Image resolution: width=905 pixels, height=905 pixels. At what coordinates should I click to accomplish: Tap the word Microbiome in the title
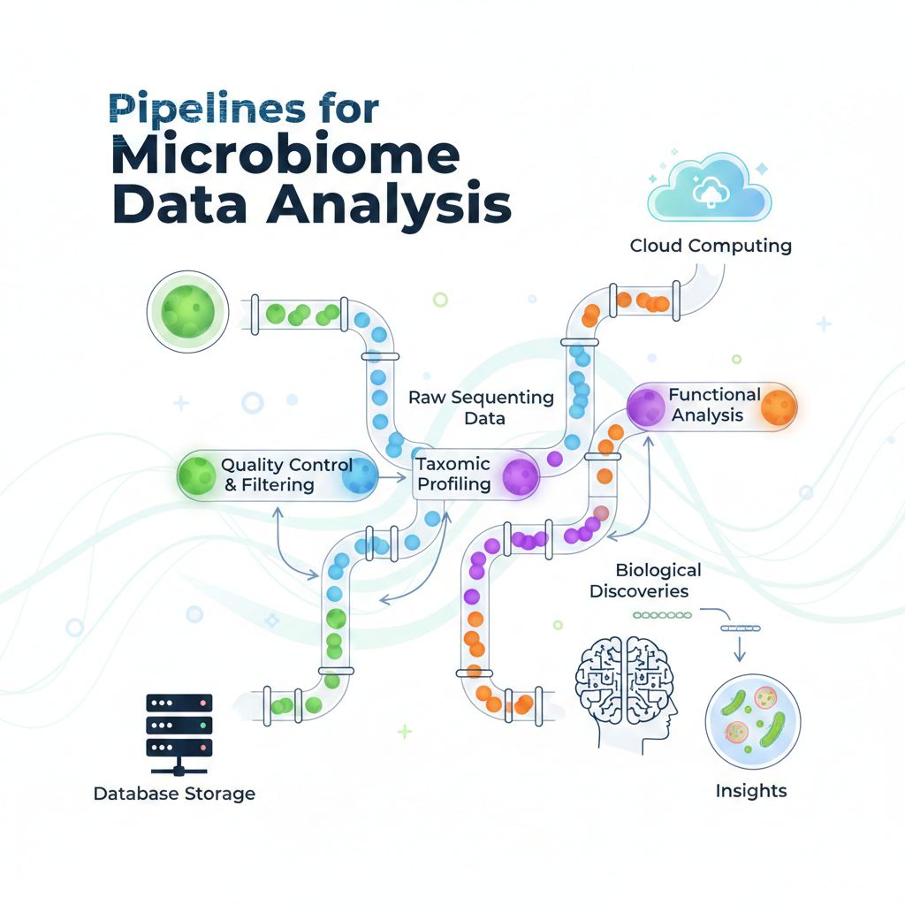pyautogui.click(x=285, y=156)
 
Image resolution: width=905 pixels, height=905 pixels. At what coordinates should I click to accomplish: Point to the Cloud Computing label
pyautogui.click(x=711, y=245)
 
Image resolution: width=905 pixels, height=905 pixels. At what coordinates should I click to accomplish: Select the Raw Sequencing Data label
pyautogui.click(x=482, y=407)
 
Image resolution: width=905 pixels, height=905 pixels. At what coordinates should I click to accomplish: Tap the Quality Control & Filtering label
pyautogui.click(x=286, y=475)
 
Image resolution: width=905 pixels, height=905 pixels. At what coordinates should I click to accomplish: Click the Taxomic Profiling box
pyautogui.click(x=454, y=475)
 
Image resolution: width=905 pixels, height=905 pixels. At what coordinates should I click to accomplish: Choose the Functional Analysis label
pyautogui.click(x=714, y=404)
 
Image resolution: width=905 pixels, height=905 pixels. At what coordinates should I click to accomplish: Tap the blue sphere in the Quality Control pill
pyautogui.click(x=359, y=477)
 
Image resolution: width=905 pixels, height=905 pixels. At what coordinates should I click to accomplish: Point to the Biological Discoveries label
pyautogui.click(x=645, y=580)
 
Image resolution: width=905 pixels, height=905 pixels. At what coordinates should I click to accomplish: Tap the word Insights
pyautogui.click(x=750, y=789)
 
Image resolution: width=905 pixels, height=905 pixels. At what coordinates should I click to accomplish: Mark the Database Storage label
pyautogui.click(x=174, y=793)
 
